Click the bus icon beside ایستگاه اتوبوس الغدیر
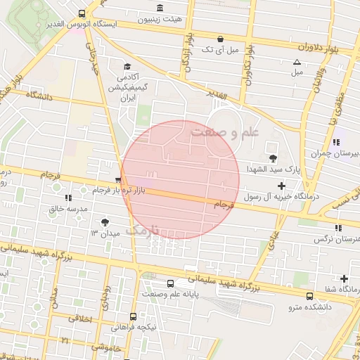pos(83,13)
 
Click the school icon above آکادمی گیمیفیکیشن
pos(127,66)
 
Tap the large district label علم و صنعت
pos(225,131)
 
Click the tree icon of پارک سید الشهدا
pos(272,157)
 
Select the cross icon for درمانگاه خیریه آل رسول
pos(282,186)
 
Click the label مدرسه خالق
pos(67,209)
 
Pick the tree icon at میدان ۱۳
pos(105,221)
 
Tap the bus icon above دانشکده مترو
pos(310,296)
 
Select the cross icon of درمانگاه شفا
pos(344,278)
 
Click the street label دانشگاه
pos(41,94)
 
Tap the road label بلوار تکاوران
pos(248,70)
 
